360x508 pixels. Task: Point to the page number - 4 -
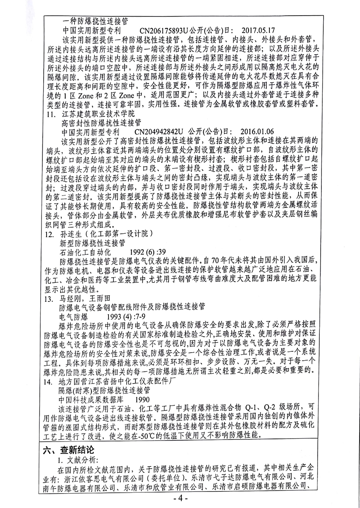[x=180, y=498]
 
